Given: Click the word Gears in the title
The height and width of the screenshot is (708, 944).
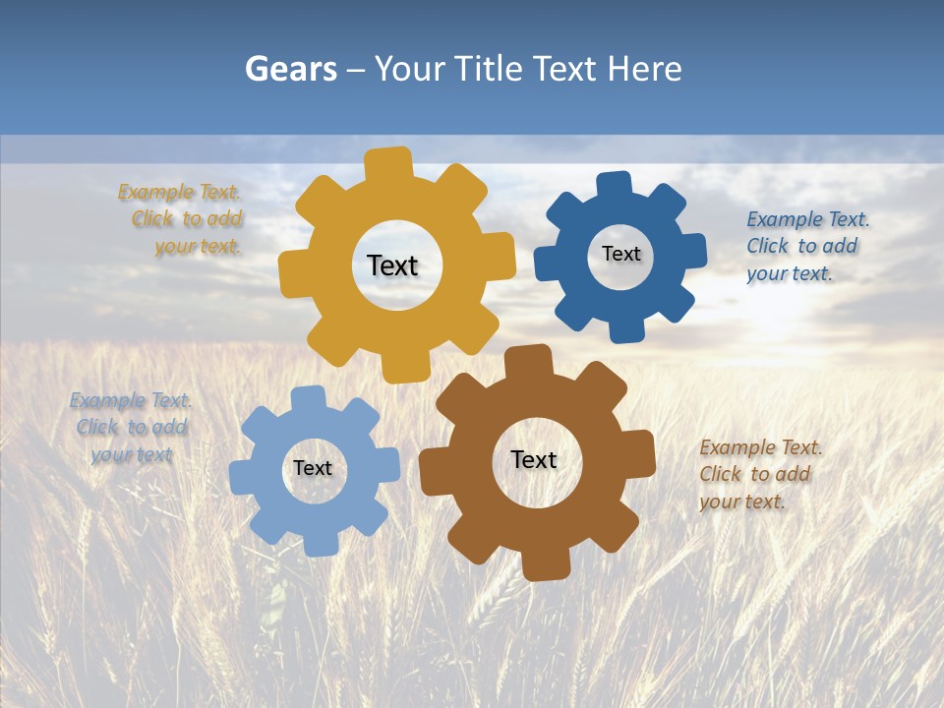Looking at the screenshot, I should (x=290, y=69).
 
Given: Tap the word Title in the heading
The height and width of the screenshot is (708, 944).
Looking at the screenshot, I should (x=490, y=69).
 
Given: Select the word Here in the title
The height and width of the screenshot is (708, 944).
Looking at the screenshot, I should (x=644, y=69).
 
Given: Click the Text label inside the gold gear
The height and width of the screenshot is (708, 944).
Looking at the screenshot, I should (x=392, y=265).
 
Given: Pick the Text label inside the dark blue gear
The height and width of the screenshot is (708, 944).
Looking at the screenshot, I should (x=620, y=254).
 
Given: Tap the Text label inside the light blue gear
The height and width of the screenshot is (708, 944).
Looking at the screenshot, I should (x=313, y=469).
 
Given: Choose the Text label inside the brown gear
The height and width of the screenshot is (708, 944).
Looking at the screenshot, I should (x=534, y=460).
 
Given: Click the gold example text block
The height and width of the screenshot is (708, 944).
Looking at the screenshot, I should (x=181, y=219).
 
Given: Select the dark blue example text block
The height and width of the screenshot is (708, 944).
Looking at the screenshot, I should (x=807, y=246).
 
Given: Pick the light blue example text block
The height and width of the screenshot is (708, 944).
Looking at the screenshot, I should (x=131, y=427).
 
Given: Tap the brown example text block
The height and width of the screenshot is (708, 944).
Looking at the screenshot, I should (x=760, y=474).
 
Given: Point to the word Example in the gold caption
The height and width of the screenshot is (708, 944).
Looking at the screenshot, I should (x=155, y=193).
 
